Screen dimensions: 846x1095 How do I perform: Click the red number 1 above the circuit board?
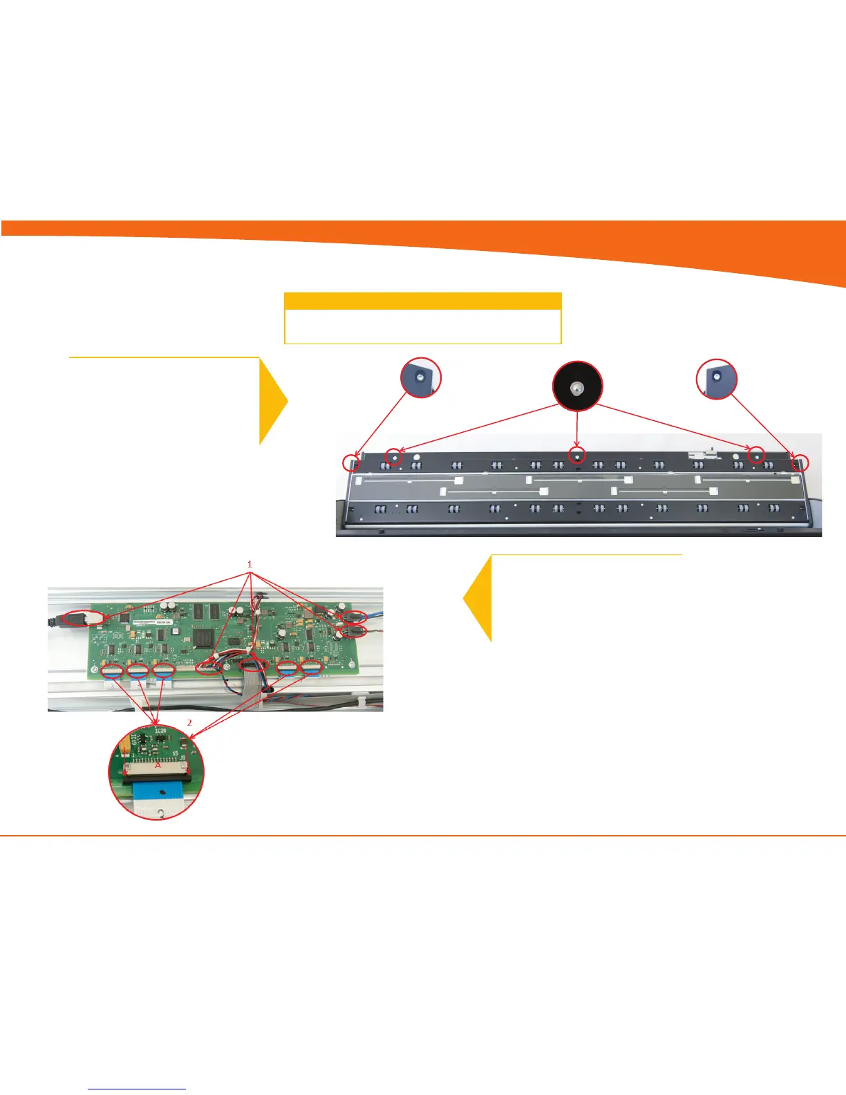tap(250, 565)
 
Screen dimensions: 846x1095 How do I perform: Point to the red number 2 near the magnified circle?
tap(190, 722)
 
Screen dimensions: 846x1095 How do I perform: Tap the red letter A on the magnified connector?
tap(158, 765)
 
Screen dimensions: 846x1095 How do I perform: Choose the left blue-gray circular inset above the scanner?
tap(421, 377)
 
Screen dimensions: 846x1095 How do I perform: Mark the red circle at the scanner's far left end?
tap(351, 462)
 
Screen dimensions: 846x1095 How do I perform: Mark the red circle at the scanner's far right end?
tap(800, 462)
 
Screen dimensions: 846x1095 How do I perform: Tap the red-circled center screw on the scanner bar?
tap(577, 455)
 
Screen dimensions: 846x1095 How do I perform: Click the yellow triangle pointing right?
tap(273, 401)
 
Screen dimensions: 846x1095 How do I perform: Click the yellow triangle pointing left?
tap(478, 599)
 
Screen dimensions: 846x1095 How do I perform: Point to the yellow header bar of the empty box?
tap(422, 301)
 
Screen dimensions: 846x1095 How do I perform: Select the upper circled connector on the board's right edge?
tap(355, 616)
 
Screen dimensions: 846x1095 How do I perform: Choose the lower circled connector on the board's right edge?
tap(355, 630)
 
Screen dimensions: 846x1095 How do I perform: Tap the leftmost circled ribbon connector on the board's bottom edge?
tap(112, 669)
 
